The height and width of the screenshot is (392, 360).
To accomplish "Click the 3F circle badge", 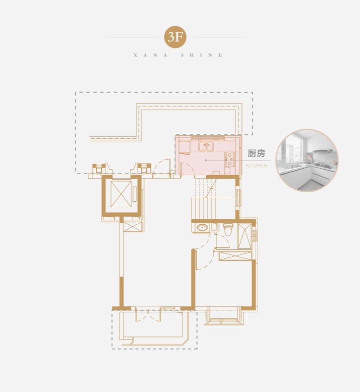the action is (175, 37).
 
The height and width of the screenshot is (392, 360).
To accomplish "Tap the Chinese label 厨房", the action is (256, 154).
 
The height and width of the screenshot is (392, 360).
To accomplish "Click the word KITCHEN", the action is (256, 166).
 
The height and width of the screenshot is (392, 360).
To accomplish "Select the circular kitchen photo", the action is (307, 161).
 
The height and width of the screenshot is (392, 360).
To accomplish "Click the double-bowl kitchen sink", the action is (206, 147).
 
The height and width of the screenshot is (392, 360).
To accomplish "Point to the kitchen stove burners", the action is (229, 160).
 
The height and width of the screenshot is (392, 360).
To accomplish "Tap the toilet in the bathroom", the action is (228, 230).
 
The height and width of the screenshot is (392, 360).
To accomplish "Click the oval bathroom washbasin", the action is (202, 227).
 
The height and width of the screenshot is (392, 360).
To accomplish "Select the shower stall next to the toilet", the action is (244, 236).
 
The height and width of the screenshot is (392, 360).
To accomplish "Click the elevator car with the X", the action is (121, 194).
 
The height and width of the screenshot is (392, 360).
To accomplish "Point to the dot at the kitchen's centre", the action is (205, 160).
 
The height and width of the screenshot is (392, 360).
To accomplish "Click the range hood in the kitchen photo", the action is (322, 151).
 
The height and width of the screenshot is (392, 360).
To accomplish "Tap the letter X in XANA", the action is (135, 55).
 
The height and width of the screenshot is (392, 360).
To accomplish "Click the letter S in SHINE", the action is (182, 55).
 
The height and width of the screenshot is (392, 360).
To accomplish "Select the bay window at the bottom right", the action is (223, 317).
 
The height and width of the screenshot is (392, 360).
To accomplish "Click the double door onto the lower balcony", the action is (148, 315).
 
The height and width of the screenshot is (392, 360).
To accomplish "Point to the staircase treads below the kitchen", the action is (205, 197).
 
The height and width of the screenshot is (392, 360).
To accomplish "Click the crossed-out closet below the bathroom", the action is (235, 256).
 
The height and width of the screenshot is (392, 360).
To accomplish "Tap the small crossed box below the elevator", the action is (132, 227).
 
